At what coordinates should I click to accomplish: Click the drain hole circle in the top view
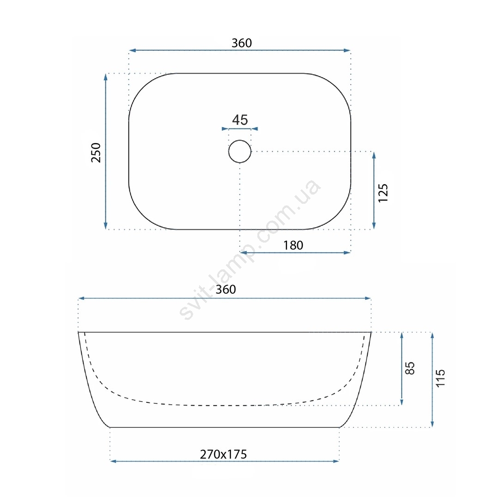(x=229, y=152)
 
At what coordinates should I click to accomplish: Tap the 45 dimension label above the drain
(x=240, y=120)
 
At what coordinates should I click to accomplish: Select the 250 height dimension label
(x=96, y=153)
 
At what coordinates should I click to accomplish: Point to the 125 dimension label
(x=383, y=193)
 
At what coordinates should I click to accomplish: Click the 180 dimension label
(x=293, y=245)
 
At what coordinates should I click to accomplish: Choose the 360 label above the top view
(x=242, y=43)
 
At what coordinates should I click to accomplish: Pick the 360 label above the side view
(x=225, y=289)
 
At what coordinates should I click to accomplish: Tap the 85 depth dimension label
(x=410, y=368)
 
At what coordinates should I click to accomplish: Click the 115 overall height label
(x=440, y=378)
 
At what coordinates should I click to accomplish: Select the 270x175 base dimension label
(x=224, y=454)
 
